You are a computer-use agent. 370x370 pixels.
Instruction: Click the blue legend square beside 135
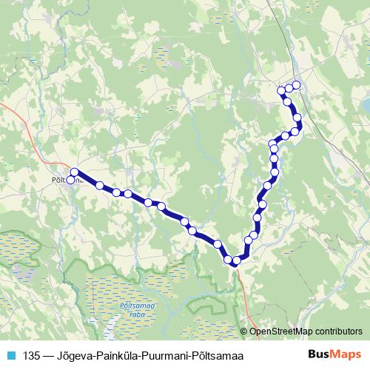coord(10,354)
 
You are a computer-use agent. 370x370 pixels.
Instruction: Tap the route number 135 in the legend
coord(32,354)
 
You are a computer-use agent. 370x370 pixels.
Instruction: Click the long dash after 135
coord(50,354)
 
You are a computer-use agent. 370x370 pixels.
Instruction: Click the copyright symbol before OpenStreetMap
coord(245,332)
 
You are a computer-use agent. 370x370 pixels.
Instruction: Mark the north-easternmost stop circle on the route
coord(297,84)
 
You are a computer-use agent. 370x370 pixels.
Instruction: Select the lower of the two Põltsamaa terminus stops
coord(71,179)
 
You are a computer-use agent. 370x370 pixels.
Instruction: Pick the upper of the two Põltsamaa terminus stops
coord(74,173)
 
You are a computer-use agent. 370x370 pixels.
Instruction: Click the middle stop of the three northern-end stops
coord(289,88)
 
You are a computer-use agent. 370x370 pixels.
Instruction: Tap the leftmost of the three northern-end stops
coord(280,91)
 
